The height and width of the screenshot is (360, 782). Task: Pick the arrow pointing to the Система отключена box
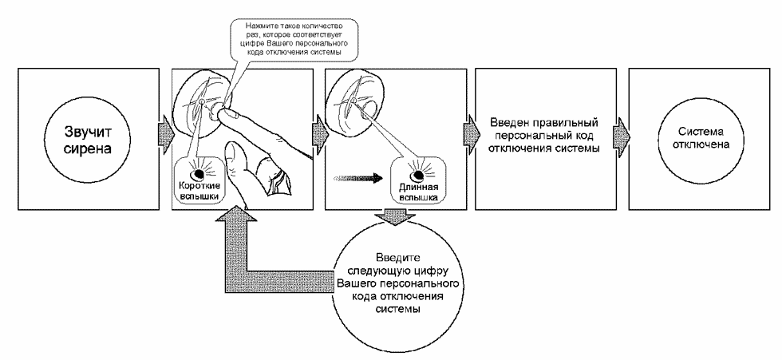[x=622, y=133]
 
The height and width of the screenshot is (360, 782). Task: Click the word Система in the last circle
[x=700, y=133]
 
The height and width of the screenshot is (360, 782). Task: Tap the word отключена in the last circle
[x=700, y=144]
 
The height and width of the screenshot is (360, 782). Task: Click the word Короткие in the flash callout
[x=199, y=187]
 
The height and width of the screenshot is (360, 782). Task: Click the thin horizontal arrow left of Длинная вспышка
[x=358, y=176]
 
